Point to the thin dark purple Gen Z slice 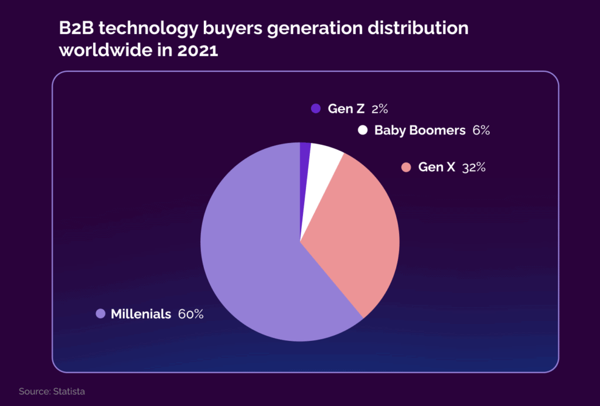(x=305, y=158)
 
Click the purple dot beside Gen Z (x=316, y=108)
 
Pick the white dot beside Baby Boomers (x=363, y=130)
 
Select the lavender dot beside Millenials (x=100, y=314)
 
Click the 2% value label (x=380, y=108)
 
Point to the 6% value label (x=480, y=130)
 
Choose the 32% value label (x=473, y=168)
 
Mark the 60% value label (x=190, y=314)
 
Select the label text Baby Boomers (x=420, y=130)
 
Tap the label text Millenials (x=141, y=314)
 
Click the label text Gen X (x=437, y=168)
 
